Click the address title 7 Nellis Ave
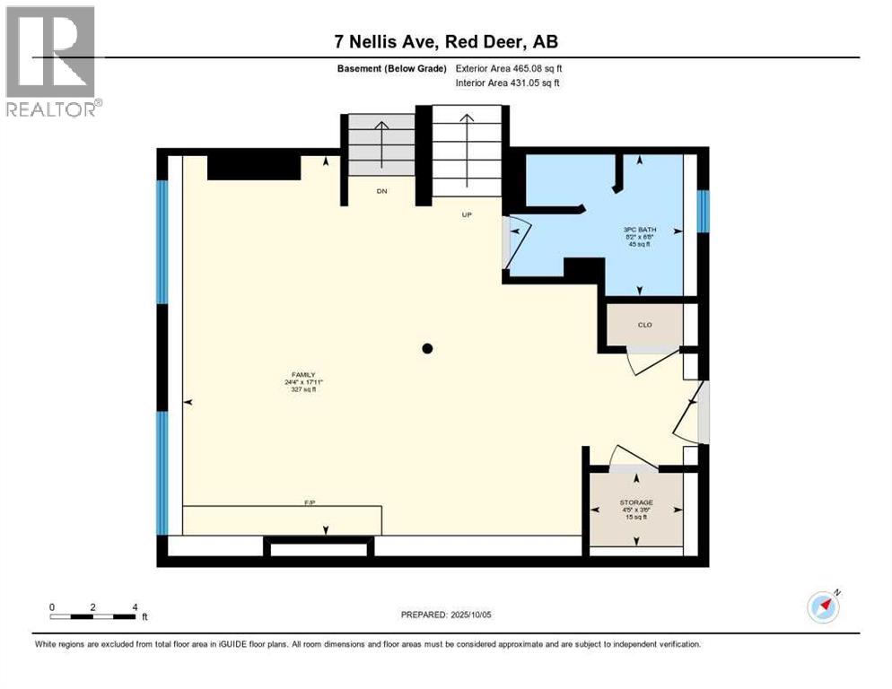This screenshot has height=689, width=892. [x=446, y=42]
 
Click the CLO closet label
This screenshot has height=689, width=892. [x=644, y=325]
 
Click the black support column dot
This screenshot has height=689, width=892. [x=428, y=348]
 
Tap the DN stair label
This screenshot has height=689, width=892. [x=381, y=191]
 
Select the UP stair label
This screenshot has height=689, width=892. [x=466, y=214]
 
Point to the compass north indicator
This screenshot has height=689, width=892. [x=823, y=606]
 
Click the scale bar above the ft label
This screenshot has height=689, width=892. [x=93, y=615]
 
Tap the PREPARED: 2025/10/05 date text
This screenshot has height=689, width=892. [x=446, y=615]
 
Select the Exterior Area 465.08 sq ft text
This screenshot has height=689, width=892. [x=509, y=68]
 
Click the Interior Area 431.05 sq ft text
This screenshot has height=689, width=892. [x=509, y=83]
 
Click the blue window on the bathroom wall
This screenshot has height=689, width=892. [x=704, y=211]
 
